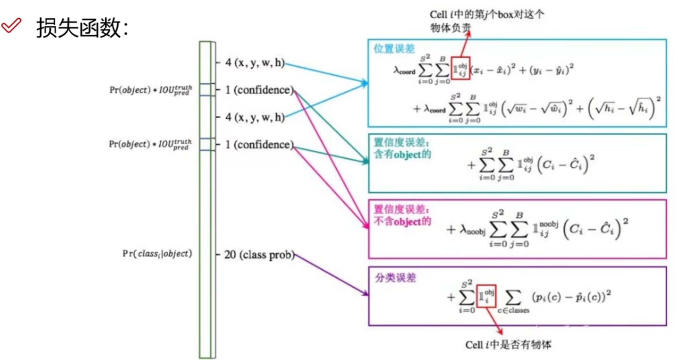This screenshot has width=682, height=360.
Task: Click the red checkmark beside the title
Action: point(11,25)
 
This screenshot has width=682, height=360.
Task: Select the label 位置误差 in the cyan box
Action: point(394,49)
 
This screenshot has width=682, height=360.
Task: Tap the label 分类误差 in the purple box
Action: point(395,278)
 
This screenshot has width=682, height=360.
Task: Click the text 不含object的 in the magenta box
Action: point(402,221)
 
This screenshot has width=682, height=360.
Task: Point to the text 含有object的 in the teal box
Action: point(402,154)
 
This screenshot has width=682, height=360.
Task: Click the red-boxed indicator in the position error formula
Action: point(460,68)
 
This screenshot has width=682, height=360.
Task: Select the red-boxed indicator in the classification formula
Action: point(486,296)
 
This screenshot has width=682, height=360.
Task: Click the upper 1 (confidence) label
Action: point(260,90)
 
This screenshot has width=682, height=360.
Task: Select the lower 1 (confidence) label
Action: point(260,145)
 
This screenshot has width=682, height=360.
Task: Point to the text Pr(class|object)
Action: point(157,254)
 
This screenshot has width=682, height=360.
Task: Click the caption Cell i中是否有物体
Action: point(508,345)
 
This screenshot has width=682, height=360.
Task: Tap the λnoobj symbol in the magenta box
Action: point(472,230)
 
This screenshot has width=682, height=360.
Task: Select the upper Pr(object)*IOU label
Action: point(151,90)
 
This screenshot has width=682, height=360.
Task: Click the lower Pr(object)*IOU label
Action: point(150,144)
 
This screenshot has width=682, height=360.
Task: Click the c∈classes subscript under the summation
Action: point(513,310)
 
